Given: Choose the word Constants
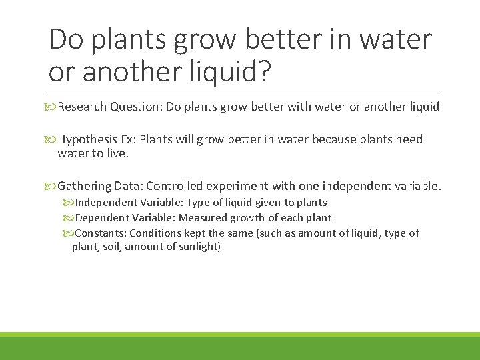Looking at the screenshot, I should pos(99,233).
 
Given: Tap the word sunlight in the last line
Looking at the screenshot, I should pos(199,247).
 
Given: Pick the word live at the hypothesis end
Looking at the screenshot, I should pos(115,153).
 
